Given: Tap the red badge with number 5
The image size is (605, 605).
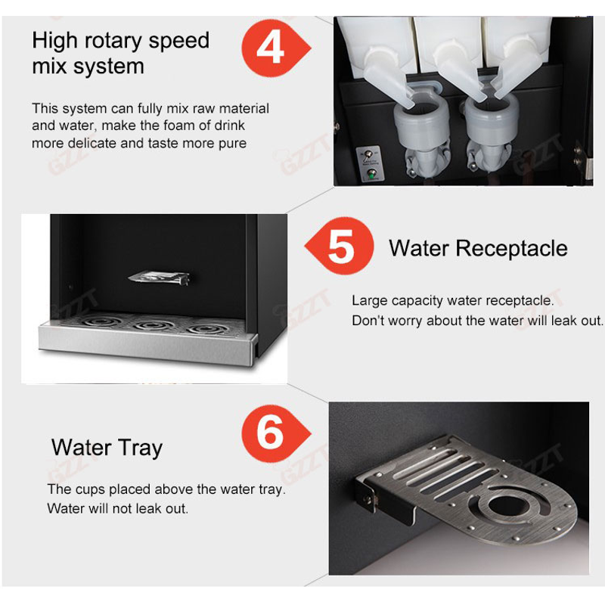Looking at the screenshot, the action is pyautogui.click(x=340, y=246).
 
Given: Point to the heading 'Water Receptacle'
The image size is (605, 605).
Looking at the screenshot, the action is pyautogui.click(x=478, y=248).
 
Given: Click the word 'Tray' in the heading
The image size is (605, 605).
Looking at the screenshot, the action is pyautogui.click(x=141, y=448).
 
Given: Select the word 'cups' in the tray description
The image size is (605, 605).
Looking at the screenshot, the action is pyautogui.click(x=90, y=489).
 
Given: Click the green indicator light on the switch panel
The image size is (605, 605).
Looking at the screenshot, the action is pyautogui.click(x=371, y=175).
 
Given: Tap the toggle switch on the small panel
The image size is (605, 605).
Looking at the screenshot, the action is pyautogui.click(x=368, y=155).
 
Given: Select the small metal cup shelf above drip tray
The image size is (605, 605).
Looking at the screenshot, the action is pyautogui.click(x=159, y=277).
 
